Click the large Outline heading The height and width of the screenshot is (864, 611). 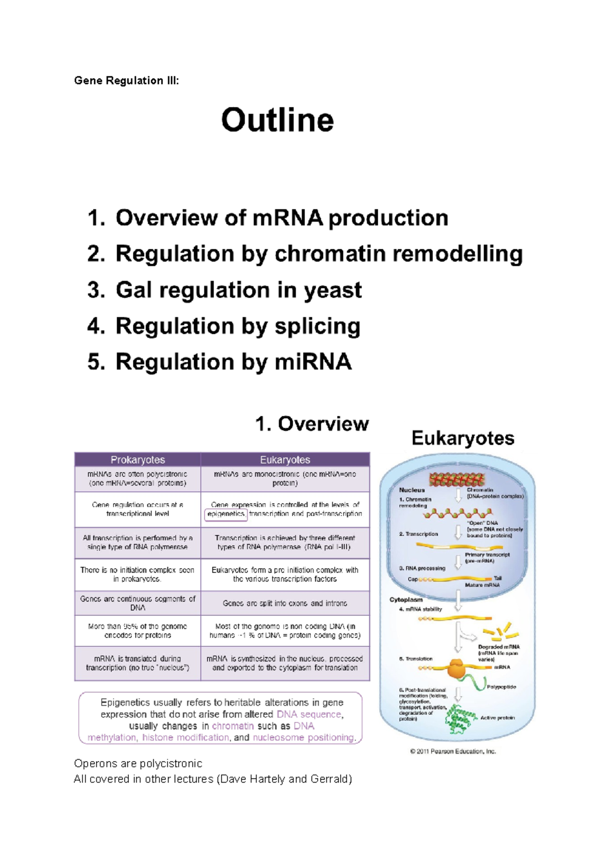(x=277, y=121)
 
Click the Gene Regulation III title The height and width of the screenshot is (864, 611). (x=126, y=80)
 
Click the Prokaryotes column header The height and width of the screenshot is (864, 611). (x=137, y=459)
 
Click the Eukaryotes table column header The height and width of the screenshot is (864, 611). (x=285, y=459)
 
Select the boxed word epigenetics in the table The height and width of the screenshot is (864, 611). (x=226, y=514)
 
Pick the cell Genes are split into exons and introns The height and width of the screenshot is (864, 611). (x=285, y=603)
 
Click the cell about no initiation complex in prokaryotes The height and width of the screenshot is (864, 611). (x=137, y=574)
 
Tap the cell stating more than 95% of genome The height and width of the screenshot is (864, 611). (x=137, y=631)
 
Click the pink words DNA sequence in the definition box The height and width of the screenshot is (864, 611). (x=309, y=714)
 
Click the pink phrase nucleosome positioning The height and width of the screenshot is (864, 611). (x=303, y=737)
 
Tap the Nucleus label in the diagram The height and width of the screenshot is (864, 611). (x=411, y=490)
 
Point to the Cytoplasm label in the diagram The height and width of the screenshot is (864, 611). (x=406, y=599)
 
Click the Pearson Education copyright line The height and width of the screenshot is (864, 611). (x=453, y=751)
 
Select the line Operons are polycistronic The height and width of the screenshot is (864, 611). (x=138, y=763)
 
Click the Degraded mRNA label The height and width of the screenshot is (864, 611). (x=498, y=647)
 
